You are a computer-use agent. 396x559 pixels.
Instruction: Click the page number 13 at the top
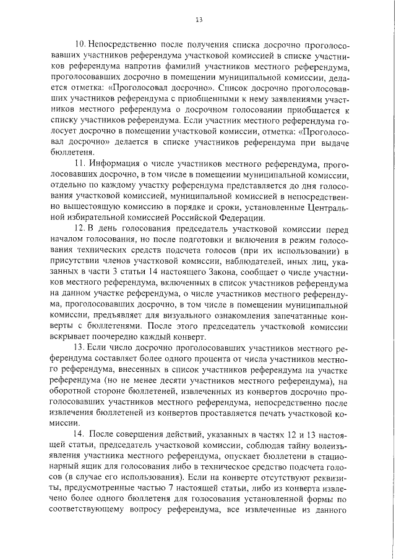199,20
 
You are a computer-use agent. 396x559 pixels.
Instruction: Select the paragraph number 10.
79,45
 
